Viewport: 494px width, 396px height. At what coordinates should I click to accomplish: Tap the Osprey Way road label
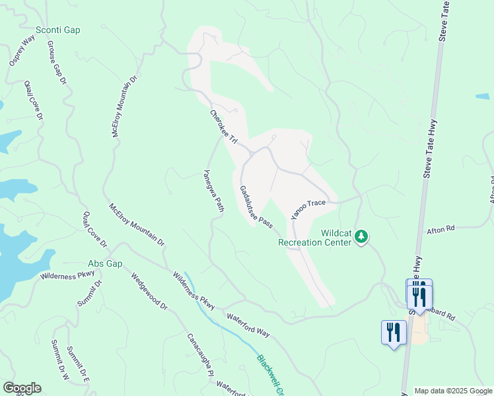pyautogui.click(x=22, y=51)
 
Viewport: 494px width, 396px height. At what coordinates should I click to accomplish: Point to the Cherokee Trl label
pyautogui.click(x=223, y=127)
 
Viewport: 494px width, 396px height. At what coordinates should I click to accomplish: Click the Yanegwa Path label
pyautogui.click(x=213, y=191)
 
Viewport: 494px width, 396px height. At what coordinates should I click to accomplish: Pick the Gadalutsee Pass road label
pyautogui.click(x=256, y=207)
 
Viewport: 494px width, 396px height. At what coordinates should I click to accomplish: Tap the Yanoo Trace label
pyautogui.click(x=308, y=209)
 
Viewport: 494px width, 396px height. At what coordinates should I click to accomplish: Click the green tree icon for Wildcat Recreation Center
pyautogui.click(x=361, y=236)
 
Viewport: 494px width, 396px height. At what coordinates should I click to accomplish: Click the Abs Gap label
pyautogui.click(x=106, y=263)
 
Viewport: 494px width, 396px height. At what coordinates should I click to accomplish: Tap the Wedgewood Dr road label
pyautogui.click(x=149, y=292)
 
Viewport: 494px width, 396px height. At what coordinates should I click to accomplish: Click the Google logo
pyautogui.click(x=22, y=388)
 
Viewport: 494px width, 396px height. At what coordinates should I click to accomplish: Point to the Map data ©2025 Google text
pyautogui.click(x=452, y=391)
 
